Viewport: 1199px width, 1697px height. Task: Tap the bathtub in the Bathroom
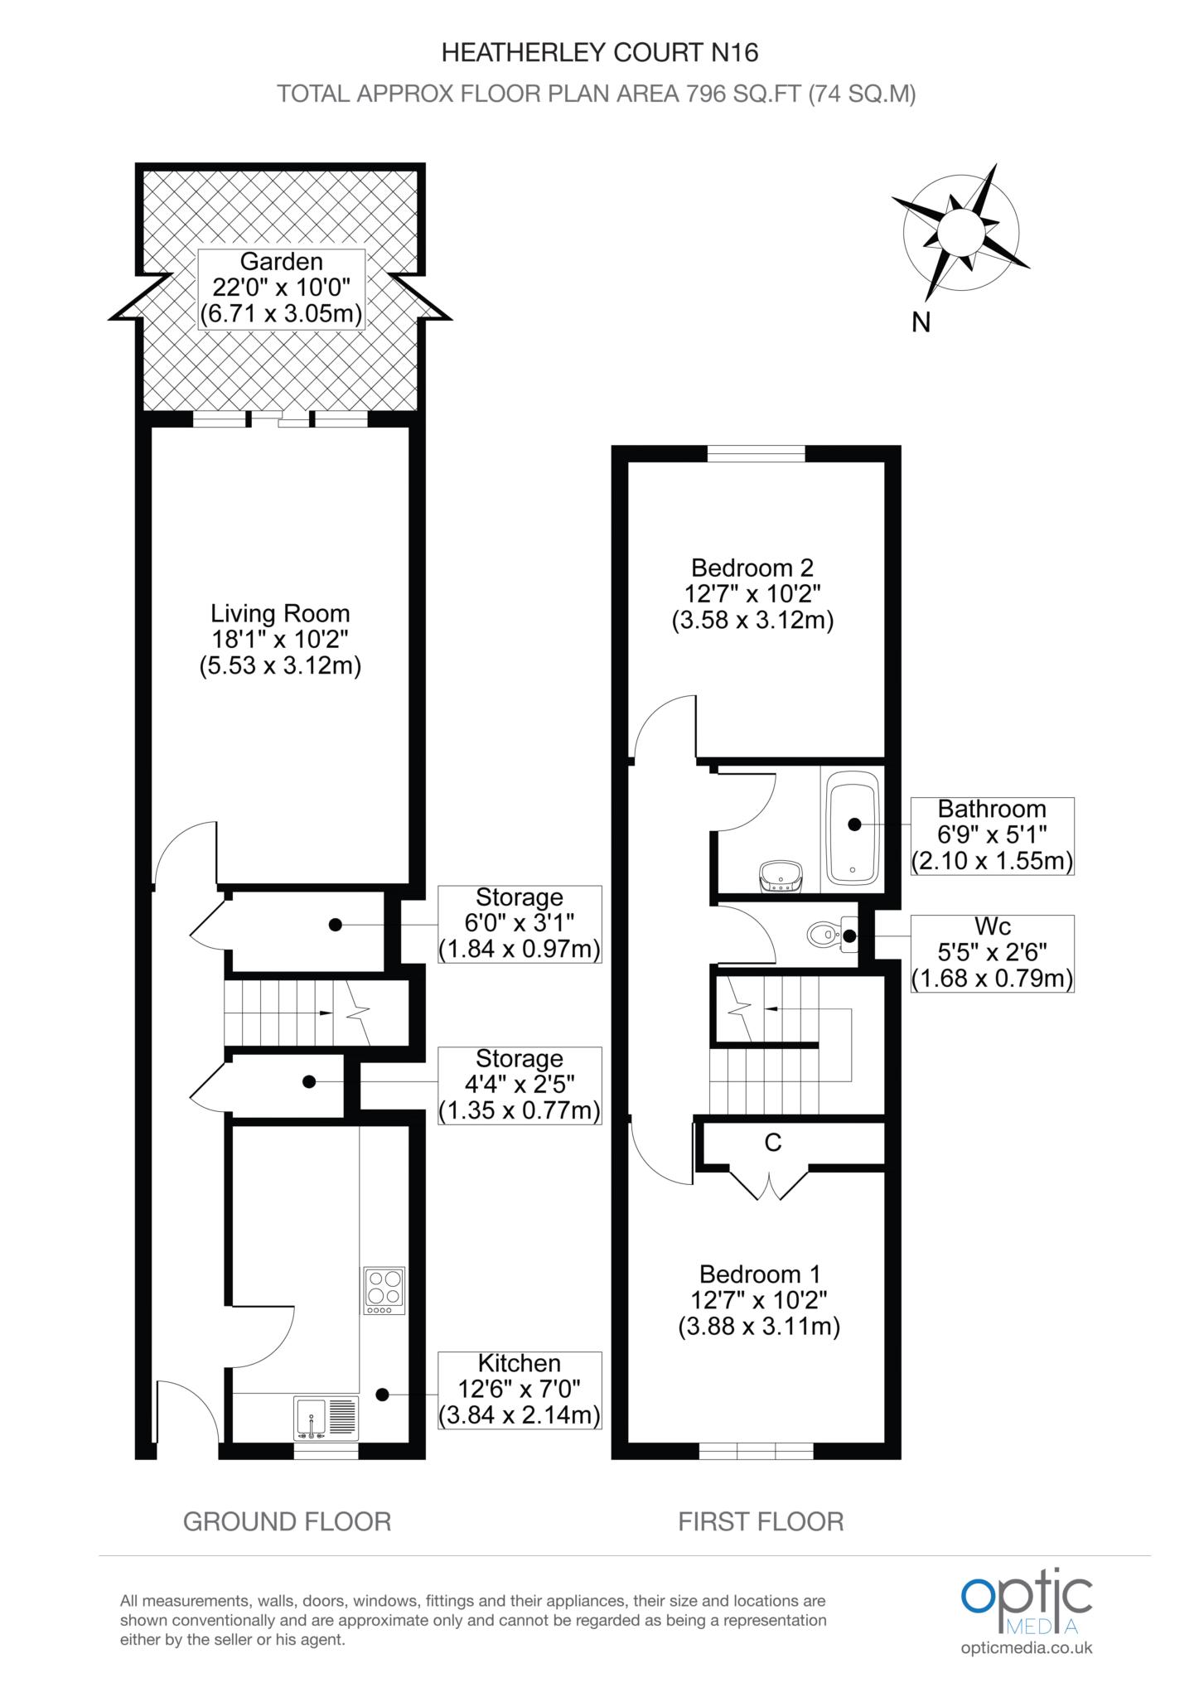coord(852,825)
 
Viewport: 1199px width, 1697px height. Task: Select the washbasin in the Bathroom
coord(780,876)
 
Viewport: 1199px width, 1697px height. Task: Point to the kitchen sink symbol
coord(326,1418)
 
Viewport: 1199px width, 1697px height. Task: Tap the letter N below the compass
coord(921,322)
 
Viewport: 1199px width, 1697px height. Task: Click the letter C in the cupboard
coord(772,1143)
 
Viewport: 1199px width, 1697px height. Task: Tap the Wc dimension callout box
coord(992,953)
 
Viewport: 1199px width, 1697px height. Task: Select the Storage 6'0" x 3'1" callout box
coord(520,923)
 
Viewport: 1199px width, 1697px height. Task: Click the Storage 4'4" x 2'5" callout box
coord(520,1085)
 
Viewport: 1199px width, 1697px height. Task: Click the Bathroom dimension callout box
coord(992,835)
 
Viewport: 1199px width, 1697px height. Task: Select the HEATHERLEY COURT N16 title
coord(599,53)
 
